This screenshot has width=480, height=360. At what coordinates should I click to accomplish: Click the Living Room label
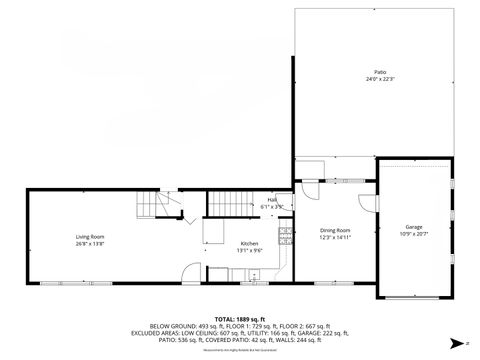click(90, 236)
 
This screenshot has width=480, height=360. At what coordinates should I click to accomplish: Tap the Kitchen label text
click(249, 244)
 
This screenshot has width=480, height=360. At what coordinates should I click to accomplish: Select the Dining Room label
click(334, 230)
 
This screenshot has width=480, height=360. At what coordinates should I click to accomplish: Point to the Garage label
click(413, 227)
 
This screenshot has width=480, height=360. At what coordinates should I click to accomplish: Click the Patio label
click(380, 73)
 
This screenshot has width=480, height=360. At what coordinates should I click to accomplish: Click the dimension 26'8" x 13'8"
click(90, 243)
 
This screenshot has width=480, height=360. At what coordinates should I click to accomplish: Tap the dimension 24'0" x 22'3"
click(380, 80)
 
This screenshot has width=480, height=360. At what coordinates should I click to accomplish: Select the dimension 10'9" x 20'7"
click(413, 234)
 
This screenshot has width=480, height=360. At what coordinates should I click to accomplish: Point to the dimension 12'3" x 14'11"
click(334, 237)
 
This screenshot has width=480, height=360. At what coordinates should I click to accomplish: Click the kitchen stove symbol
click(285, 237)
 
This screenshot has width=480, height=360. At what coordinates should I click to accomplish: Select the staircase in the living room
click(147, 206)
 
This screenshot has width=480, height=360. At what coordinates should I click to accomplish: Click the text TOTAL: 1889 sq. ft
click(239, 317)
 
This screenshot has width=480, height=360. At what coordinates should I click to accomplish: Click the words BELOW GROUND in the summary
click(170, 326)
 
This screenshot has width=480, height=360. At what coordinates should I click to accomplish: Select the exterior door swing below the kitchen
click(191, 272)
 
